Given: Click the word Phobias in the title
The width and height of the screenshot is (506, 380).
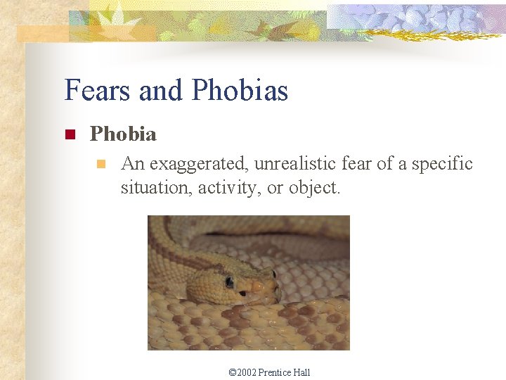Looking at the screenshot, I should point(240,91).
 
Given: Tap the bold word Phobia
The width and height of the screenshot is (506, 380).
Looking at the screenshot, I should point(123,134).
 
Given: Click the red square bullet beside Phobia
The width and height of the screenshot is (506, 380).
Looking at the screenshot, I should point(70,134).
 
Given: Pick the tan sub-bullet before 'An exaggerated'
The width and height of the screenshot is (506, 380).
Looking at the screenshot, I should point(100,165).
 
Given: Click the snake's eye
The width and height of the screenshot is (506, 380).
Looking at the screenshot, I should point(229,282).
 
